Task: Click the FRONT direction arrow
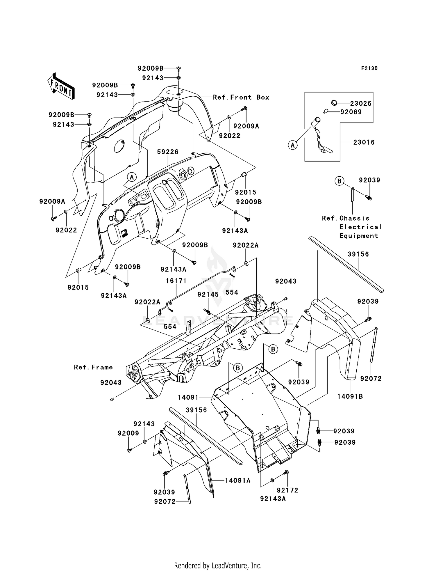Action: [61, 86]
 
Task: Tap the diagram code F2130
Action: [369, 68]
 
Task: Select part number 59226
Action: [168, 152]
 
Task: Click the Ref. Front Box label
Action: [241, 97]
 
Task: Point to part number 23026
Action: [360, 103]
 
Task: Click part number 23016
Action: [364, 142]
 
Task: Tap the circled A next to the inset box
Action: [293, 145]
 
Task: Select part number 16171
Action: [176, 281]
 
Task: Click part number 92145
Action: [208, 295]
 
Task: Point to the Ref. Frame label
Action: [93, 367]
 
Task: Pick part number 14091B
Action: [350, 396]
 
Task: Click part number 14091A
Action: [237, 480]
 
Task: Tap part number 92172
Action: [287, 490]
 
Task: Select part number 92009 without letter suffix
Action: [128, 433]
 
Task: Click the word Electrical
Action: [360, 227]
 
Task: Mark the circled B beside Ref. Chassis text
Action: [339, 181]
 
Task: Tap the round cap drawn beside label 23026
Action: [334, 103]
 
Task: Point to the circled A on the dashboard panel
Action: [132, 177]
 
